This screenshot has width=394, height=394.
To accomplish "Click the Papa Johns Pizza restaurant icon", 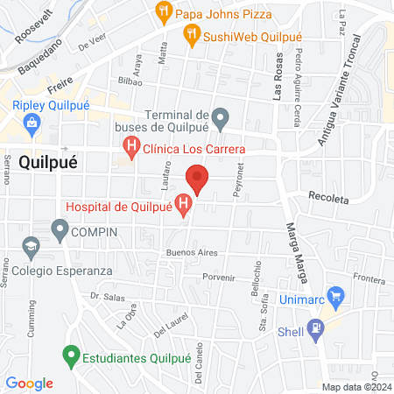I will pos(163,12).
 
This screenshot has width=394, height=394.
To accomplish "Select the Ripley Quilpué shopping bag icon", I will pos(32,125).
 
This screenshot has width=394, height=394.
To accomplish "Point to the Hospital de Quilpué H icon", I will pos(184,207).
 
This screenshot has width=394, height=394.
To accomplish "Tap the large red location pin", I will pos(198,179).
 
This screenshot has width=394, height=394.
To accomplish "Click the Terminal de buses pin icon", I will pos(221,116).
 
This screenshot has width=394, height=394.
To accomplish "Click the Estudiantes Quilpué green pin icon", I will pos(71,357).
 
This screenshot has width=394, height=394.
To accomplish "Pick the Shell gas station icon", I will pos(317,330).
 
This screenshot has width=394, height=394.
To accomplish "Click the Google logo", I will pos(29,383).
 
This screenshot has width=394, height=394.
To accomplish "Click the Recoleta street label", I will pos(328,198).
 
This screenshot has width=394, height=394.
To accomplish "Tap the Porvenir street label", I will pos(219,278).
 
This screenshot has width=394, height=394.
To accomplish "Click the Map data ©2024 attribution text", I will pos(355,387).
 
